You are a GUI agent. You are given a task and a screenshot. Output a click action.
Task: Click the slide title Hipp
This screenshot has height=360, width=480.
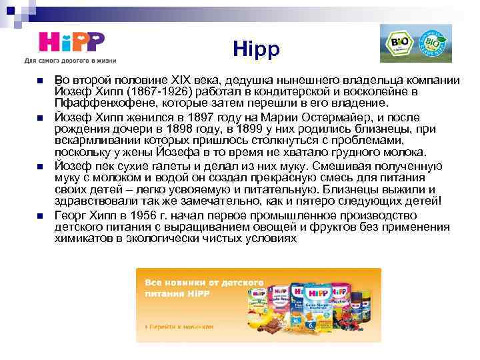pyautogui.click(x=257, y=49)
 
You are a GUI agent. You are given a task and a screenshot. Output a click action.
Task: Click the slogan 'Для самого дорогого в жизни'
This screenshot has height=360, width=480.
pyautogui.click(x=70, y=61)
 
